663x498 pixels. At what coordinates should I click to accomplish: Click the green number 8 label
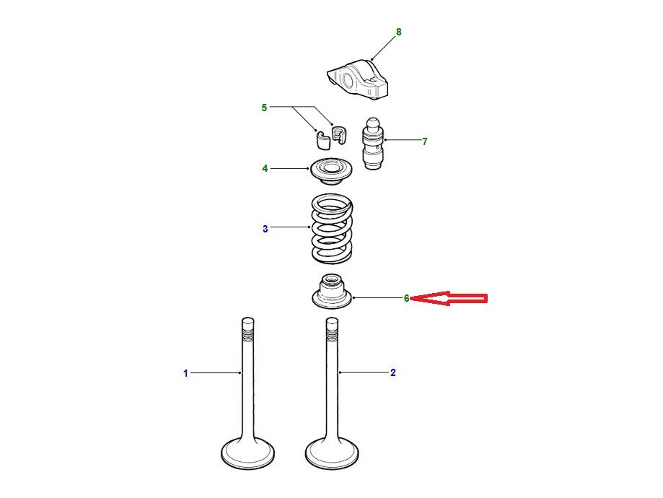click(398, 32)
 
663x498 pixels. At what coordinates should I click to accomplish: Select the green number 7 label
click(424, 141)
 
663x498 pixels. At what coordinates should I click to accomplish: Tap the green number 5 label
click(264, 108)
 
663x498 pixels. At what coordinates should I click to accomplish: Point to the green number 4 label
click(265, 168)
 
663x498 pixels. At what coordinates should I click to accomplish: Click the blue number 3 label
click(265, 229)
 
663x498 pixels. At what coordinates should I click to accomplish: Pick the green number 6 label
click(406, 298)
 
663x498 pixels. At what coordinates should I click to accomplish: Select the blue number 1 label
click(185, 373)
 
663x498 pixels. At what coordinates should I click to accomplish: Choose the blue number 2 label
click(392, 372)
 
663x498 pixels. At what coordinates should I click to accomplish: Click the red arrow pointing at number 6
click(449, 298)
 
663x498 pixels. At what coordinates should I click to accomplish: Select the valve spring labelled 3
click(332, 227)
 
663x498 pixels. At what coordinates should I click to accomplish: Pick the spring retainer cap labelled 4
click(332, 170)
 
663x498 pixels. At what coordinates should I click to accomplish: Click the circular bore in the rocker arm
click(348, 80)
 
